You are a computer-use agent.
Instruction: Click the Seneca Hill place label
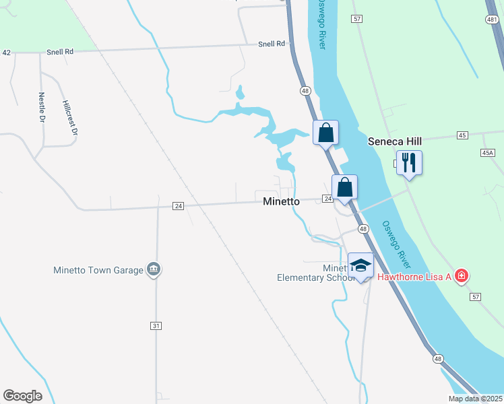(x=394, y=142)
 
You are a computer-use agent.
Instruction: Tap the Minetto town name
(x=281, y=201)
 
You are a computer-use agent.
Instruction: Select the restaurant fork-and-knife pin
(x=409, y=163)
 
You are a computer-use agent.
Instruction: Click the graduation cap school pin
(x=360, y=266)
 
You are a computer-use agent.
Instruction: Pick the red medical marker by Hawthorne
(x=462, y=276)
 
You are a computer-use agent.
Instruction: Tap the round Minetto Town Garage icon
(x=154, y=270)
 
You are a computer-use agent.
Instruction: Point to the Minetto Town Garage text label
(x=98, y=271)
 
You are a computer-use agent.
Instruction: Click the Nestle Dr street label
(x=42, y=106)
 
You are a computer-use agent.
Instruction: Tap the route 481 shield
(x=491, y=20)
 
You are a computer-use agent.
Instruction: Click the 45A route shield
(x=488, y=154)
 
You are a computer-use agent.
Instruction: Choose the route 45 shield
(x=462, y=135)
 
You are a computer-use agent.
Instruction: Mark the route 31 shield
(x=156, y=326)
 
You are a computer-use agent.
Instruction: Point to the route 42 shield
(x=7, y=52)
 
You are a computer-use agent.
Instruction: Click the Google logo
(x=22, y=396)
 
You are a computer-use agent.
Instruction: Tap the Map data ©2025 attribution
(x=475, y=399)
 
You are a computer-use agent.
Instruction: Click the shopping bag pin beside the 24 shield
(x=344, y=188)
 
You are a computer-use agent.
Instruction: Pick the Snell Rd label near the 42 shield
(x=60, y=51)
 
